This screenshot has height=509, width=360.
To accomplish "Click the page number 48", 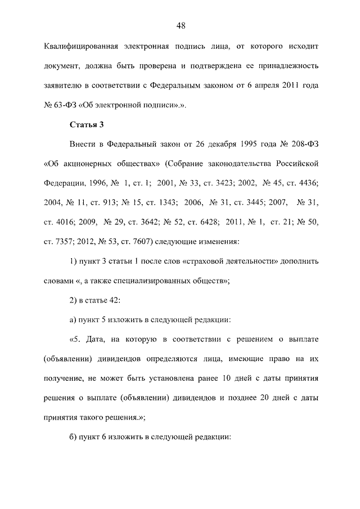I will [180, 25].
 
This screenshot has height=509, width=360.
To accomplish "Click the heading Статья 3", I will [87, 123].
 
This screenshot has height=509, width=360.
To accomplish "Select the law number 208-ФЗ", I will [303, 145].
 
